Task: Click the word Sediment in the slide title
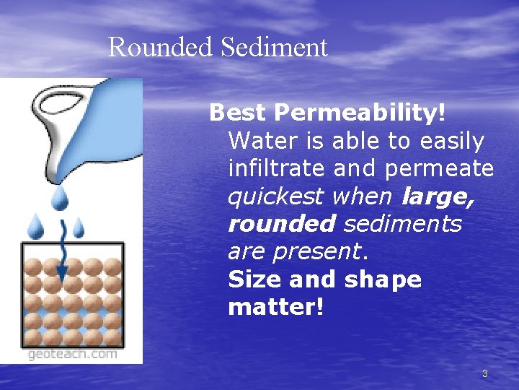click(274, 48)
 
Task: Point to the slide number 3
click(484, 373)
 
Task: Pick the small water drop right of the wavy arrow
click(78, 229)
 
